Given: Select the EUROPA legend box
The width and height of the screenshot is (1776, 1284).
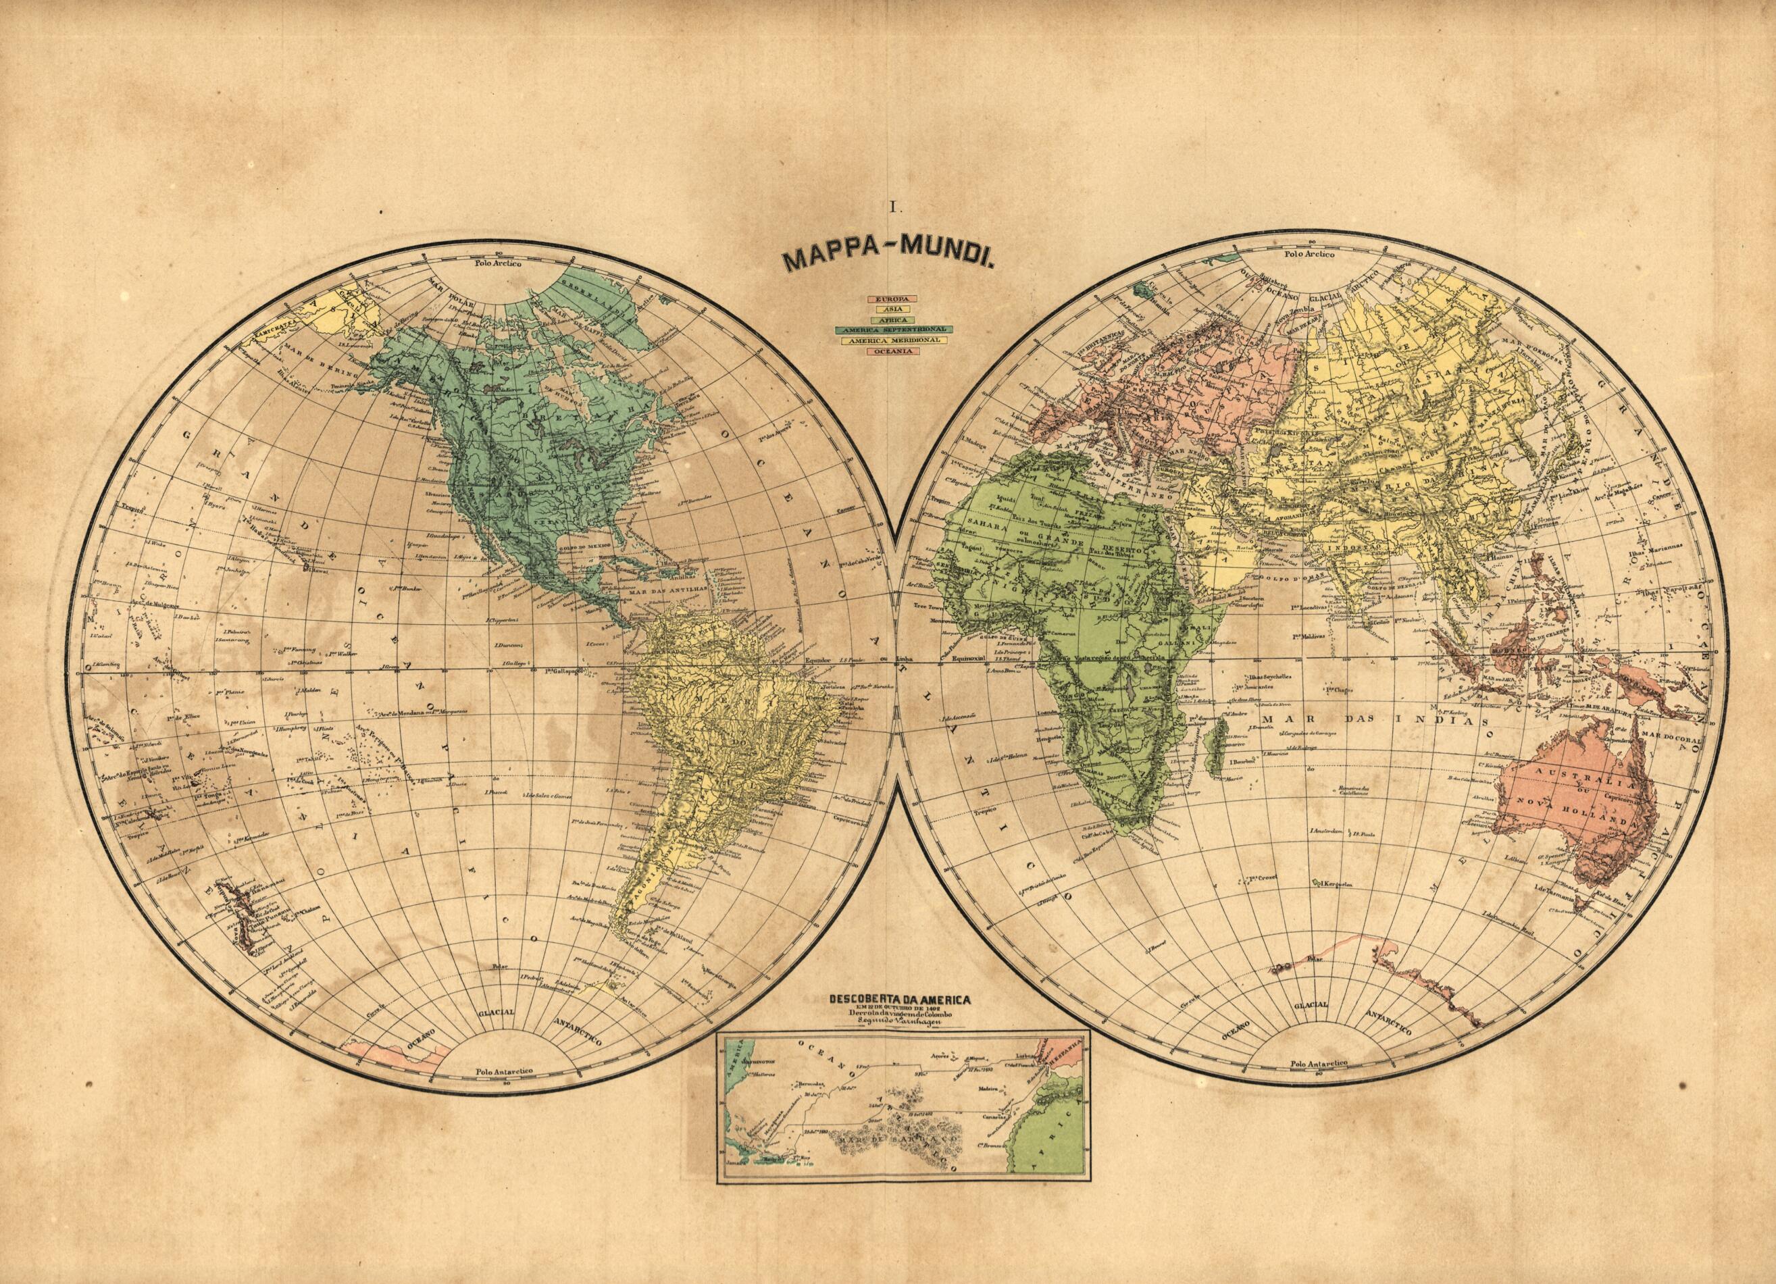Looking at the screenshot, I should [x=891, y=299].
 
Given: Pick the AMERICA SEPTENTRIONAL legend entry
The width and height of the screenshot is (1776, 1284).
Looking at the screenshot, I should [x=891, y=330].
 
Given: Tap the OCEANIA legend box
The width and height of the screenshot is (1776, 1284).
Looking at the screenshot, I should [x=891, y=351].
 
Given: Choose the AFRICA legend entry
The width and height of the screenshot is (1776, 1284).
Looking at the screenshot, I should [x=891, y=319].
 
